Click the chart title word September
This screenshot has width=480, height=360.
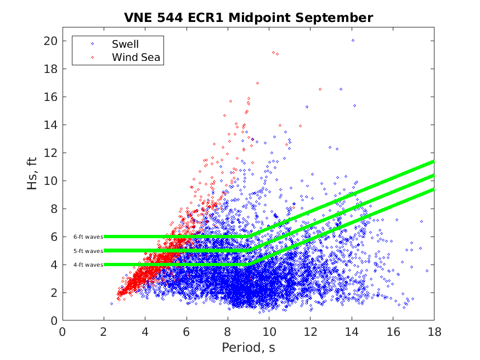coord(339,18)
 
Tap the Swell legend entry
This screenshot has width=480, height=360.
coord(125,44)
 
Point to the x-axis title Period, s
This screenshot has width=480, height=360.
coord(248,348)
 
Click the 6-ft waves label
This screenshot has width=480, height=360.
coord(88,237)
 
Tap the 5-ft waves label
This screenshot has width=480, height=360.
coord(88,251)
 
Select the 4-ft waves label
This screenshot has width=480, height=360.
coord(88,265)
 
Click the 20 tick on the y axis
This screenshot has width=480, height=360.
coord(51,41)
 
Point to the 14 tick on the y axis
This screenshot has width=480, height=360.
coord(51,125)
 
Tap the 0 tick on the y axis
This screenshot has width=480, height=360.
coord(54,320)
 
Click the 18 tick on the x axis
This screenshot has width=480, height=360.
coord(433,332)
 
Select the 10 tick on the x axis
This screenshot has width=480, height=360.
coord(269,332)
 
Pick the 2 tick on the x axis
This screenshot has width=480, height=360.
coord(104,332)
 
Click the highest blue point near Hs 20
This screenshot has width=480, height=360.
coord(353,40)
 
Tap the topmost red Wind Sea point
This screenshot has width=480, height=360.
coord(257,83)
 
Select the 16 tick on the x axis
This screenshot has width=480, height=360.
coord(392,332)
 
